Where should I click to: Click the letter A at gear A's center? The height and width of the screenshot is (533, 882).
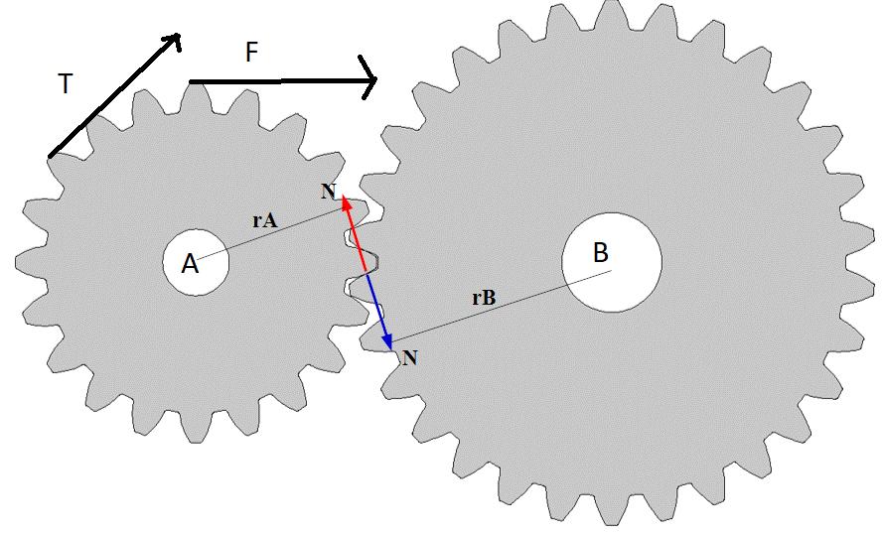coord(190,264)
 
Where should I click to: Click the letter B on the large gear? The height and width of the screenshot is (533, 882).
coord(601,252)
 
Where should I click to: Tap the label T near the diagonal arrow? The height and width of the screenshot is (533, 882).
coord(65,85)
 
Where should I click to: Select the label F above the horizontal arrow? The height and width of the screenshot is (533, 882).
coord(252,54)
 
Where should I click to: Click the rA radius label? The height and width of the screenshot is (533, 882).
coord(263,220)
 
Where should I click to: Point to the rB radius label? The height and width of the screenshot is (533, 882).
coord(484,297)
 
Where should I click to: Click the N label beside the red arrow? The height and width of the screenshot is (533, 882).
coord(329,191)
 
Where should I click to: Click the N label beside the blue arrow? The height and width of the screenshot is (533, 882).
coord(409,357)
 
